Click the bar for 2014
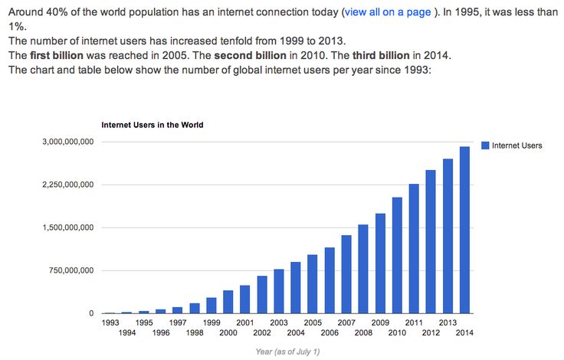click(465, 230)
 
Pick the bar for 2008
click(363, 269)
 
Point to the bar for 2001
click(245, 299)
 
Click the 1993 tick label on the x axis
click(110, 323)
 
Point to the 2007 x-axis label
click(346, 323)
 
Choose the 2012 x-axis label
click(431, 332)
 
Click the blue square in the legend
click(484, 146)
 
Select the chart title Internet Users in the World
click(152, 124)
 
